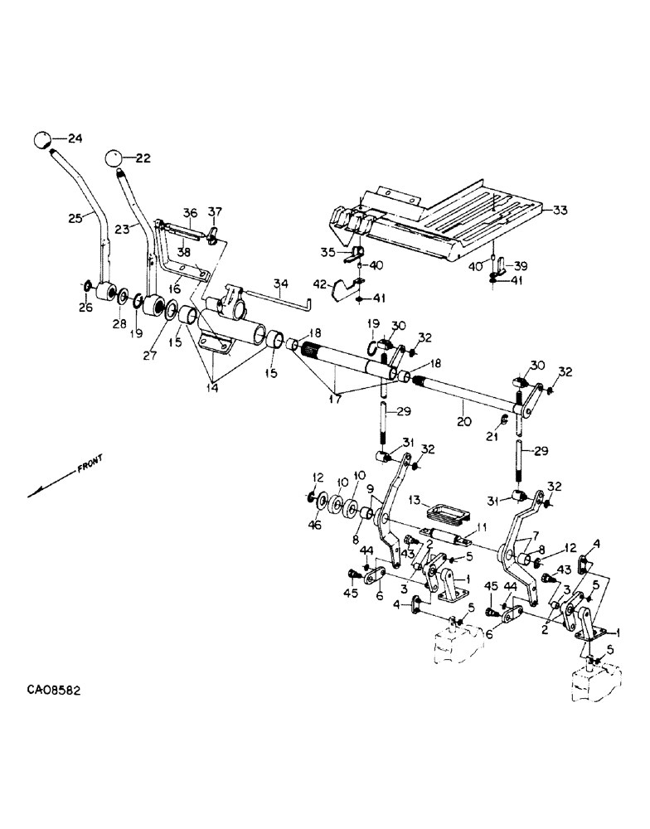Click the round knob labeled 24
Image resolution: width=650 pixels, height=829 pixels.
pos(43,140)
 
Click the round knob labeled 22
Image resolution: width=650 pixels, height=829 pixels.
pos(115,158)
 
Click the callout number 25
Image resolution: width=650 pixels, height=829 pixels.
pos(76,219)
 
